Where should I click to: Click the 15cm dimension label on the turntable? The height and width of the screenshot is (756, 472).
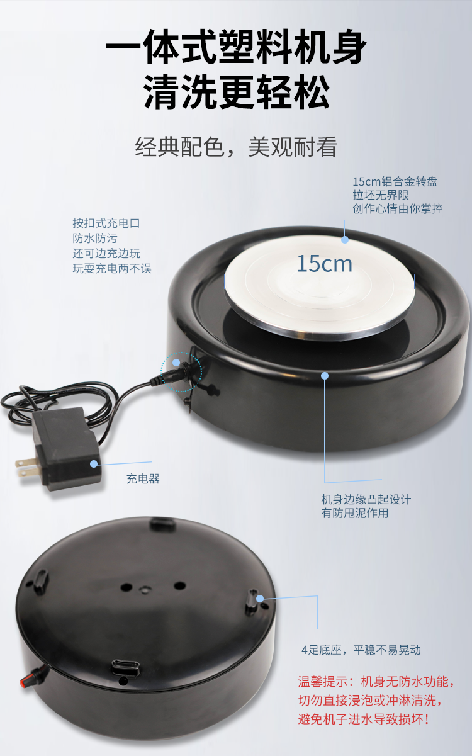(325, 264)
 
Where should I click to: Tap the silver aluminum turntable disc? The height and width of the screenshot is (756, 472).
(320, 287)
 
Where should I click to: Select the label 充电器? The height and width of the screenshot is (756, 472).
(143, 478)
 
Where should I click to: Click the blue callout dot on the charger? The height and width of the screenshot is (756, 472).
(93, 464)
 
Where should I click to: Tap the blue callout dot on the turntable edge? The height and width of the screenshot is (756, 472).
(344, 240)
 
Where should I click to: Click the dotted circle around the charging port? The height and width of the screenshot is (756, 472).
(181, 371)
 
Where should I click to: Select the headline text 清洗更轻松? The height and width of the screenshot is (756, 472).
(236, 92)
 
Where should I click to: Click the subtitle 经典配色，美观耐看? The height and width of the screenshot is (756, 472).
(236, 147)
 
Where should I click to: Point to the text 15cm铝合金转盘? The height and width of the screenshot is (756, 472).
(395, 181)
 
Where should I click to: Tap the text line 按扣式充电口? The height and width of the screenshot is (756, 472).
(106, 223)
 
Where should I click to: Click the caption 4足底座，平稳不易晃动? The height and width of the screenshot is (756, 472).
(361, 650)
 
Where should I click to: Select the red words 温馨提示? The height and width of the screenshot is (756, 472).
(323, 682)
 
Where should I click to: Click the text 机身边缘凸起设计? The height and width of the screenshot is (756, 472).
(366, 499)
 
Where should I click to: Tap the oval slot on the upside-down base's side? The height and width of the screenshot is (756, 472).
(125, 667)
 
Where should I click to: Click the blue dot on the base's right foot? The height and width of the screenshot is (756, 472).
(259, 599)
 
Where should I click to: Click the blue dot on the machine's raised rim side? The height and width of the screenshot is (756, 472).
(325, 376)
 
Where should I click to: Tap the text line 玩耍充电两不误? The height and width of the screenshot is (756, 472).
(112, 269)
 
